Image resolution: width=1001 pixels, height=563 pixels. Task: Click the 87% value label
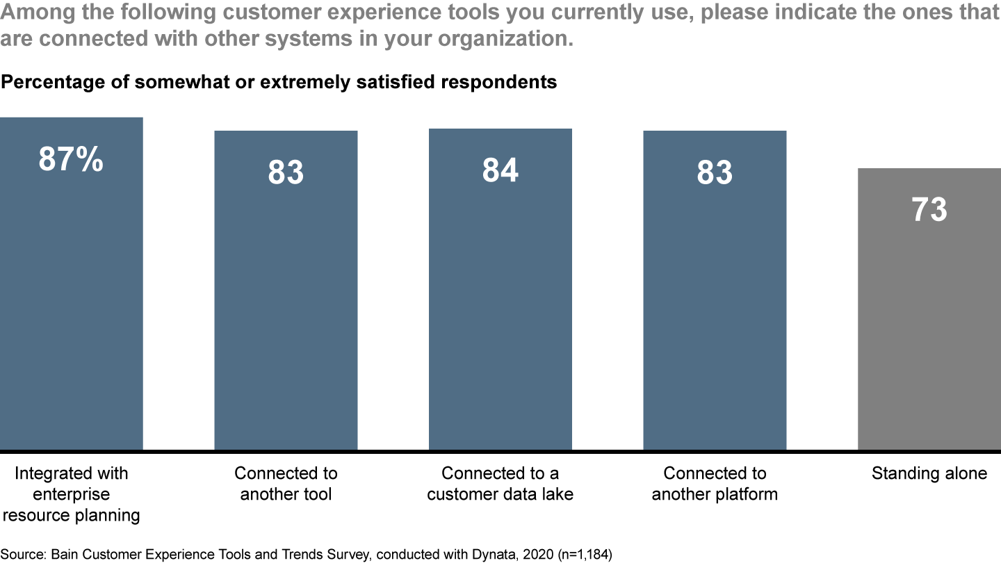(x=71, y=159)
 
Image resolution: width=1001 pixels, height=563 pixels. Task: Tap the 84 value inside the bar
(x=500, y=170)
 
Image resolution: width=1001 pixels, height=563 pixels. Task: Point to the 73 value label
(x=929, y=209)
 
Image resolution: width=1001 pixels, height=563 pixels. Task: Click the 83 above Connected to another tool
(x=286, y=172)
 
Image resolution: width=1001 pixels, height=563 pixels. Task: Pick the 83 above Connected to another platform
(x=715, y=172)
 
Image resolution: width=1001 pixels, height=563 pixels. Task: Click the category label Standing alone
(x=929, y=473)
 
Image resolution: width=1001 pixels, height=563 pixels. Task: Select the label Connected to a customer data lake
(x=500, y=484)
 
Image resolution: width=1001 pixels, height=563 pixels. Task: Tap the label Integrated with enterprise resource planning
(x=71, y=494)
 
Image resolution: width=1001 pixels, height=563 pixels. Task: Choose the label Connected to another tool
(x=286, y=484)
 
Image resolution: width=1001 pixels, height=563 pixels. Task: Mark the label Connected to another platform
(x=715, y=484)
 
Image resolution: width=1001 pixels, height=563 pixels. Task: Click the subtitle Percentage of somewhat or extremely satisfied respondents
(x=279, y=82)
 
